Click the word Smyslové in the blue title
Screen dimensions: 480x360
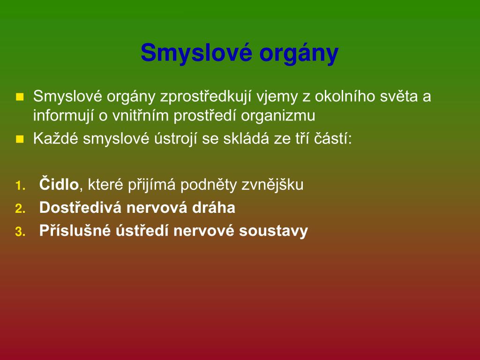pyautogui.click(x=196, y=53)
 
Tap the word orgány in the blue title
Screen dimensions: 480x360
pyautogui.click(x=299, y=53)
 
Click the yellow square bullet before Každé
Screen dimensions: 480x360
pyautogui.click(x=20, y=139)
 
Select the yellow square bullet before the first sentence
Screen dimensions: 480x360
pyautogui.click(x=20, y=97)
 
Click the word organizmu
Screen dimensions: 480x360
pyautogui.click(x=278, y=116)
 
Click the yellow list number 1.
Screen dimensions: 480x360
pyautogui.click(x=20, y=186)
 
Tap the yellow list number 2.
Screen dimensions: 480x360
pyautogui.click(x=20, y=209)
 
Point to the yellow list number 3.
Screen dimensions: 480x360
pyautogui.click(x=20, y=232)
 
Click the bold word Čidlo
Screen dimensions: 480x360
pyautogui.click(x=59, y=184)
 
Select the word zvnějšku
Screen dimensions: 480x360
pyautogui.click(x=272, y=185)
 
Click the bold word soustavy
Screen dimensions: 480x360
pyautogui.click(x=273, y=231)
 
